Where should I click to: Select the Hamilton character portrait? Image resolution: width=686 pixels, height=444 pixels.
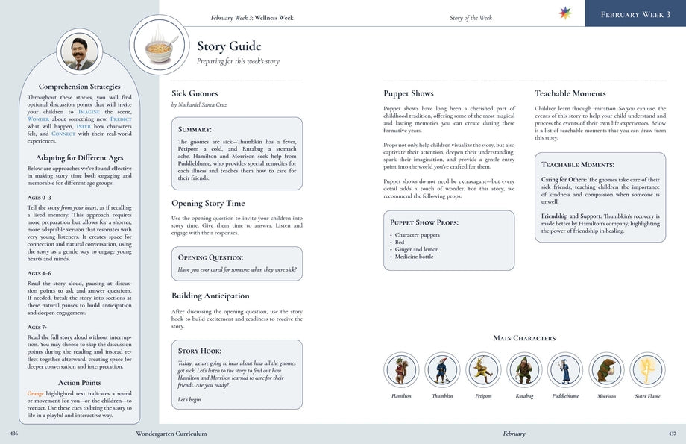[x=402, y=370]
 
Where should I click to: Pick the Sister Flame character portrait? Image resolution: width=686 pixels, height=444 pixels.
[x=646, y=370]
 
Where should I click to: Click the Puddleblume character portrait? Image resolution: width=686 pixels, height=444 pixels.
[x=564, y=370]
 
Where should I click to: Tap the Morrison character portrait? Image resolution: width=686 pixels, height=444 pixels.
[x=605, y=370]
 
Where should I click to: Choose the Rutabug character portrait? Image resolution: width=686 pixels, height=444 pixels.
[x=524, y=370]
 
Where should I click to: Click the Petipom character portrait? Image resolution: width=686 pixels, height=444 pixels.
[x=483, y=370]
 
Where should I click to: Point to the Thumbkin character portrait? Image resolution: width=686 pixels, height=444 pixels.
[x=442, y=370]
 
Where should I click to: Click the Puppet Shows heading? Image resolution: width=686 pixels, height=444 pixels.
[x=408, y=94]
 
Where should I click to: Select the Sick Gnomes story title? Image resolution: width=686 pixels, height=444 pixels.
[x=195, y=94]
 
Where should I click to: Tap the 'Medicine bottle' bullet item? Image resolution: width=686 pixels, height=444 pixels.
[x=415, y=257]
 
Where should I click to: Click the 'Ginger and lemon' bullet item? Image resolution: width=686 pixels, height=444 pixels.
[x=418, y=249]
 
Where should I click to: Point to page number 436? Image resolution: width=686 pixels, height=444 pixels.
[x=14, y=434]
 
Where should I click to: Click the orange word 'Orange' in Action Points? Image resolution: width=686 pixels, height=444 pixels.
[x=35, y=393]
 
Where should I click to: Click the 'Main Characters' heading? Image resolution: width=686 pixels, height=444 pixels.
[x=524, y=338]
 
